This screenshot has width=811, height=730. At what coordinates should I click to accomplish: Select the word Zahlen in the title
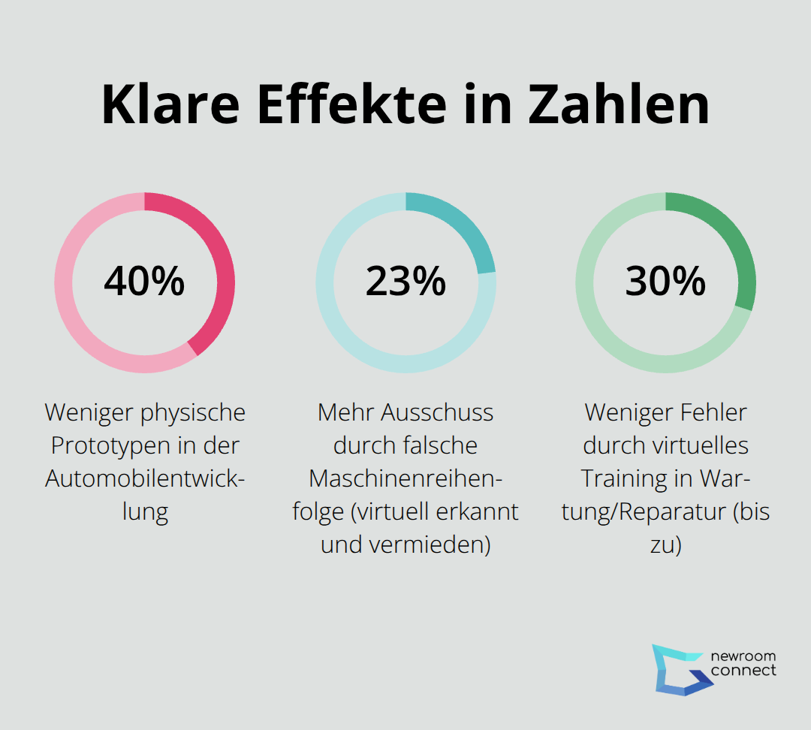(619, 105)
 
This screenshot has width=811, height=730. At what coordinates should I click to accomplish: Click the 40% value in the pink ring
(144, 282)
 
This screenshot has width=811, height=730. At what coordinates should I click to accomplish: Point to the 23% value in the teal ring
(405, 282)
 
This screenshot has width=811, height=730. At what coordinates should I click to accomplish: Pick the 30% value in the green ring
(665, 282)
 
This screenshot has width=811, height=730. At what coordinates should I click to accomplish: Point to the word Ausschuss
(437, 412)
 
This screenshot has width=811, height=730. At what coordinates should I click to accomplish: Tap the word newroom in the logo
(743, 656)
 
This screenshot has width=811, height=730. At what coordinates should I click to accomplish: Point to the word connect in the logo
(743, 671)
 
